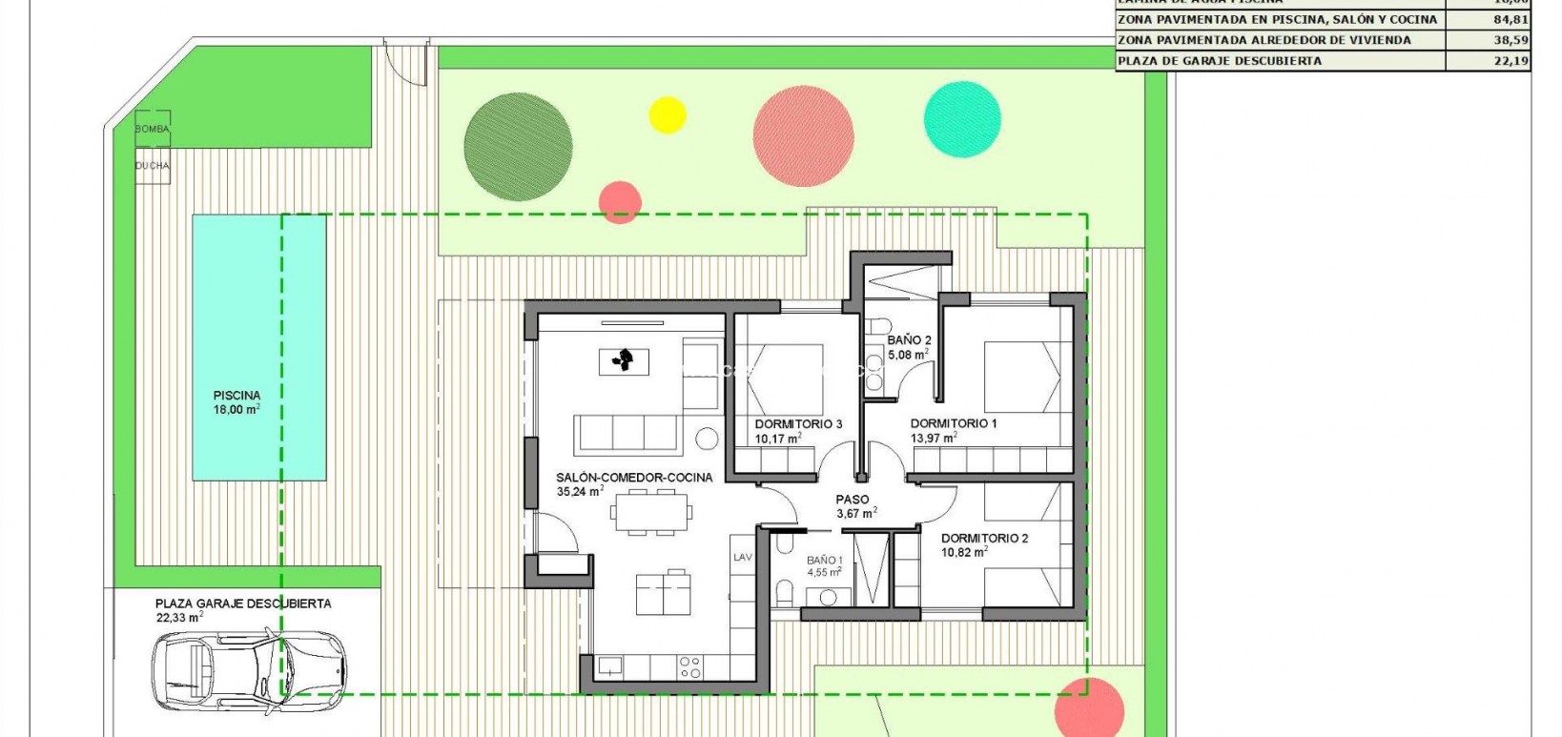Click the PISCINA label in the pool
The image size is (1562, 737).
click(236, 395)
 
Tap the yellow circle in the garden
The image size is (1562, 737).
click(668, 114)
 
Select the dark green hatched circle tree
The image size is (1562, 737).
click(518, 146)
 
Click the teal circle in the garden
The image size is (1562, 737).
click(962, 119)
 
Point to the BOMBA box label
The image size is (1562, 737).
click(152, 129)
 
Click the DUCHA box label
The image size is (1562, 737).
click(152, 165)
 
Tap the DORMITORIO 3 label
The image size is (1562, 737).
click(798, 424)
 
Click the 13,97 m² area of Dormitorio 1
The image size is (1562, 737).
click(934, 438)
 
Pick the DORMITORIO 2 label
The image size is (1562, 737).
click(984, 538)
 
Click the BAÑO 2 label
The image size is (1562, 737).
click(909, 339)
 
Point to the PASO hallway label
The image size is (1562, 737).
click(852, 500)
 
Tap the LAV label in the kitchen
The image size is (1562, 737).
click(743, 558)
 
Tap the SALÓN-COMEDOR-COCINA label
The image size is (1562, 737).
click(634, 478)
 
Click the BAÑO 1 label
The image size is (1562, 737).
click(824, 561)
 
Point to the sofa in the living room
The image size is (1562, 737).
click(626, 433)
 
